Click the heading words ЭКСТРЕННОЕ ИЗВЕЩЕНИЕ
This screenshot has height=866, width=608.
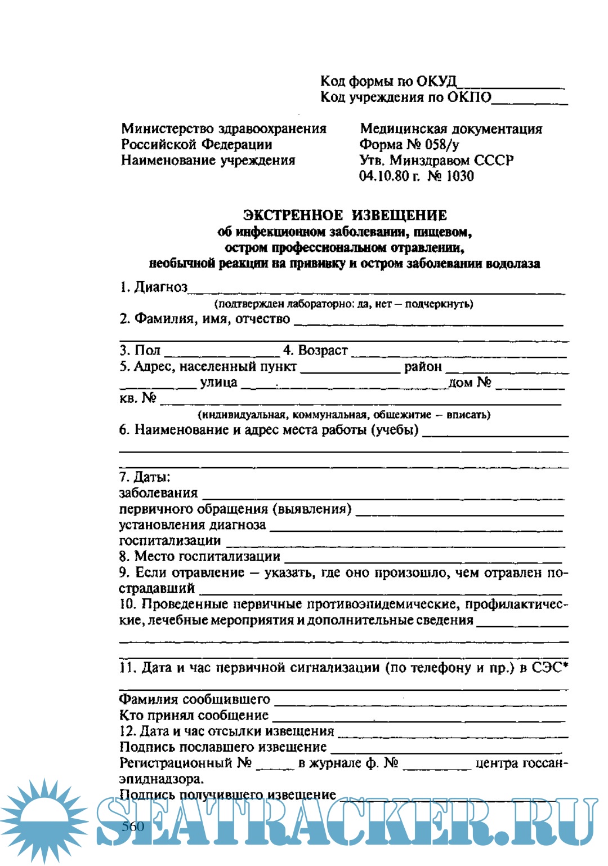pyautogui.click(x=345, y=215)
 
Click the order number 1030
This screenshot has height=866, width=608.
pyautogui.click(x=460, y=176)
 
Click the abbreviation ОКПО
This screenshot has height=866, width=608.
pyautogui.click(x=469, y=97)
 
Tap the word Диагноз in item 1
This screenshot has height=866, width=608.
pyautogui.click(x=160, y=287)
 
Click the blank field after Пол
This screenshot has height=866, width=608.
pyautogui.click(x=222, y=353)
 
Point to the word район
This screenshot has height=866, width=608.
pyautogui.click(x=423, y=367)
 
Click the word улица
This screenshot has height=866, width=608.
pyautogui.click(x=218, y=383)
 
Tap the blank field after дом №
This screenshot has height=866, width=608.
pyautogui.click(x=530, y=385)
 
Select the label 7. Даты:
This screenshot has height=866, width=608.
pyautogui.click(x=145, y=477)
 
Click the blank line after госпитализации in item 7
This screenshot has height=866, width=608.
pyautogui.click(x=394, y=543)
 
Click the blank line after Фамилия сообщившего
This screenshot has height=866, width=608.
pyautogui.click(x=420, y=702)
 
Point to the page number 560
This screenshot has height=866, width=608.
pyautogui.click(x=133, y=827)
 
